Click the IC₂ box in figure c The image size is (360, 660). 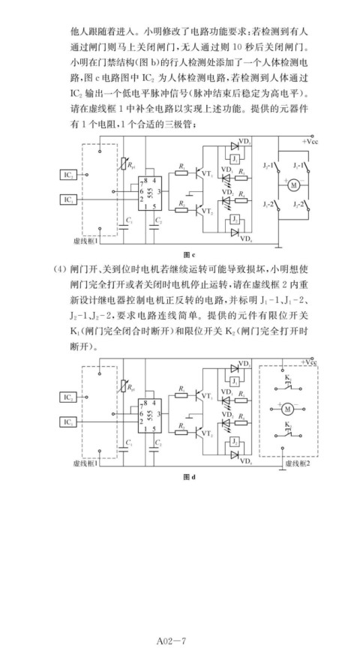point(68,175)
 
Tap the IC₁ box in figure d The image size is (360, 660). point(68,421)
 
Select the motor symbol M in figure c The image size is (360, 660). point(293,184)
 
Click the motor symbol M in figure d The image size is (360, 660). point(289,408)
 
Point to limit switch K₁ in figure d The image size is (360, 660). point(289,384)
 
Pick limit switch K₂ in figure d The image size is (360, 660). point(289,432)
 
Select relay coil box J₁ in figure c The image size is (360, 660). point(235,160)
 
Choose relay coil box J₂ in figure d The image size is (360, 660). point(235,442)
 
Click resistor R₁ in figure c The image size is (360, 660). point(182,172)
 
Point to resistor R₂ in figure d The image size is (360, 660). point(182,431)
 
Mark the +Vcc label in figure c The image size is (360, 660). point(310,141)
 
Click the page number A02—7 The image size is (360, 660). point(171,640)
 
